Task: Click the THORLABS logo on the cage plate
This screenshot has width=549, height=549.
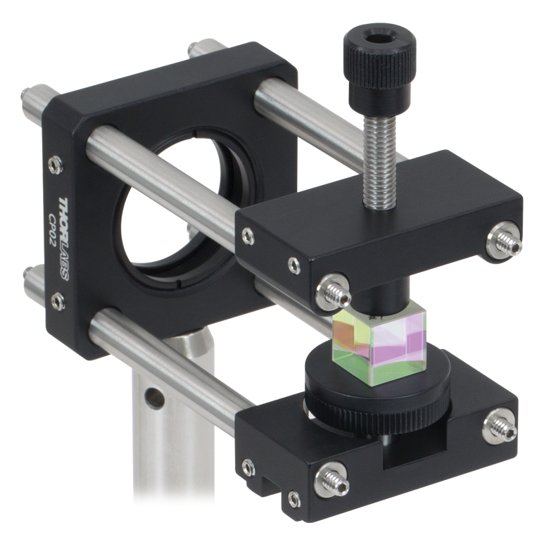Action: click(64, 238)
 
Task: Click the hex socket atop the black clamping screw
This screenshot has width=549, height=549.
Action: click(376, 37)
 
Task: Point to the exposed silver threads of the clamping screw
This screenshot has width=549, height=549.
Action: click(380, 162)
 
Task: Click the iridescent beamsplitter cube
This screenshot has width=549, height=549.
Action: click(380, 346)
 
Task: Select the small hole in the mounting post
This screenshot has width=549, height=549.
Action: click(154, 398)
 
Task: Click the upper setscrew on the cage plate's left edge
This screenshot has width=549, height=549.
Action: click(55, 165)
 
